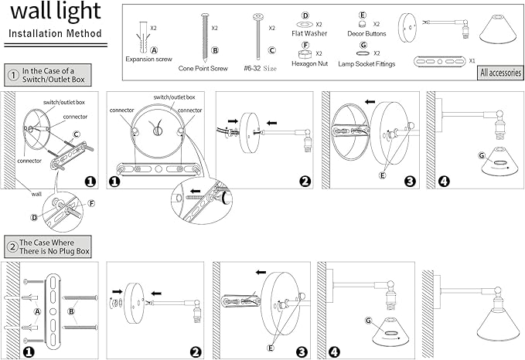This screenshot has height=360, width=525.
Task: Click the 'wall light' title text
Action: [56, 12]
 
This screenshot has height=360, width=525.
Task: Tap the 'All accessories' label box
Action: [500, 73]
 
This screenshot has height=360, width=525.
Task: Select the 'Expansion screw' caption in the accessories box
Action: [148, 59]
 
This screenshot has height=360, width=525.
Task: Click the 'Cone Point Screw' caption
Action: [203, 68]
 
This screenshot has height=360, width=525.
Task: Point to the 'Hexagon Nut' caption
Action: [309, 63]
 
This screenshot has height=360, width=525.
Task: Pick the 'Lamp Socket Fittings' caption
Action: [366, 64]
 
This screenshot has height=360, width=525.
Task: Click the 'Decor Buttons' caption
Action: [366, 33]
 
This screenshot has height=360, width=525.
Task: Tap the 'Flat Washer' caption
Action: [309, 33]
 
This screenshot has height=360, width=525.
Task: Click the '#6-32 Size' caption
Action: [260, 68]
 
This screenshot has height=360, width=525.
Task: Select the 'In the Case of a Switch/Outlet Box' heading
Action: [53, 75]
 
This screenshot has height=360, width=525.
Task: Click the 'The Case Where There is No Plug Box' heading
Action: [54, 247]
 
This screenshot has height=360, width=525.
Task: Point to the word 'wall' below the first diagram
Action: [36, 194]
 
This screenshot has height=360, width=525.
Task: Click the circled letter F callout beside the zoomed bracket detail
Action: [91, 203]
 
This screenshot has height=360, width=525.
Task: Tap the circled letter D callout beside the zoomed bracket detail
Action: [34, 218]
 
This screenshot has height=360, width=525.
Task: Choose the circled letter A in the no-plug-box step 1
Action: [37, 311]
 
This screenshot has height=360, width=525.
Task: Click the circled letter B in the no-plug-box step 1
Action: [71, 311]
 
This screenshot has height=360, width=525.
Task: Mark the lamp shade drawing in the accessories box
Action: [498, 29]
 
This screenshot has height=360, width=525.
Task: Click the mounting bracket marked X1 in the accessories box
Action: [440, 62]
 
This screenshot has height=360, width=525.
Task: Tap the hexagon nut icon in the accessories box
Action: [305, 54]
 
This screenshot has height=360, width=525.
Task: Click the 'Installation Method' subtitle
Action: [55, 33]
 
